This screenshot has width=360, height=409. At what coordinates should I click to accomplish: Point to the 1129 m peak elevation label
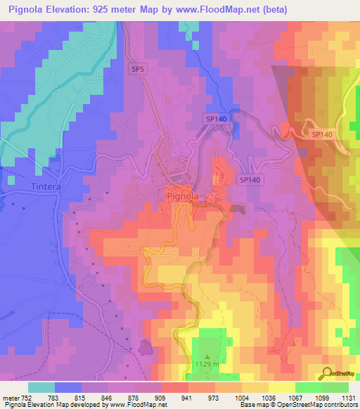208,365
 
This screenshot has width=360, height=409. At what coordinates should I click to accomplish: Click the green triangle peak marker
207,356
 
